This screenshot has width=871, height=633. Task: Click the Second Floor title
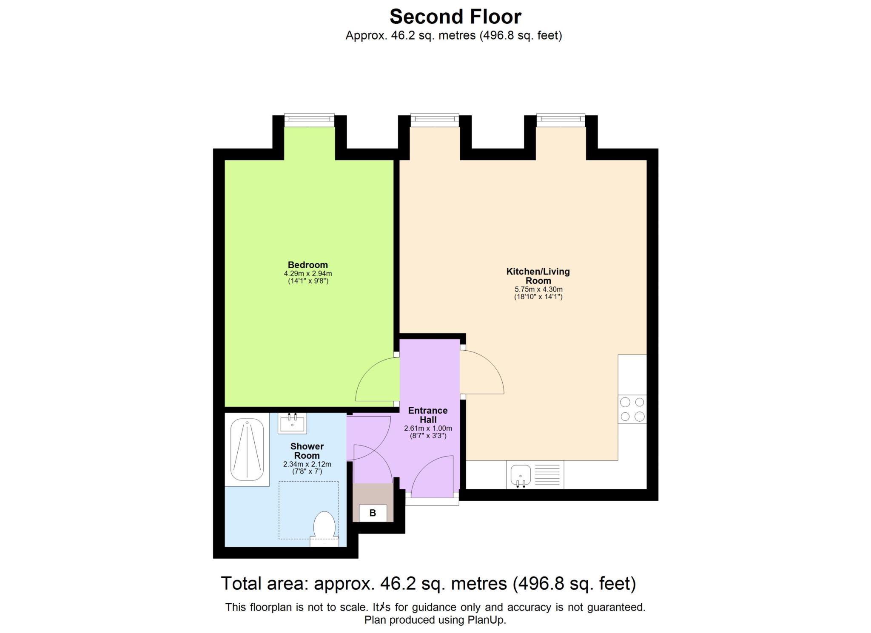pyautogui.click(x=455, y=17)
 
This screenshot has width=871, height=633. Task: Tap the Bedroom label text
pyautogui.click(x=307, y=265)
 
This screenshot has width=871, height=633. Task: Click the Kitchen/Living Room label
pyautogui.click(x=538, y=276)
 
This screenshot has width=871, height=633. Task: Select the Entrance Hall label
pyautogui.click(x=427, y=415)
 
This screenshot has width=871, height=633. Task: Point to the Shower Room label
pyautogui.click(x=307, y=451)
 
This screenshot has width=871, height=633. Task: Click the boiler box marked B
pyautogui.click(x=373, y=513)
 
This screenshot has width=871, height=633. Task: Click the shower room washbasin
pyautogui.click(x=292, y=423)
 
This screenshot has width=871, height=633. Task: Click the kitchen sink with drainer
pyautogui.click(x=535, y=474)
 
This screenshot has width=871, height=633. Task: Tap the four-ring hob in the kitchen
pyautogui.click(x=632, y=409)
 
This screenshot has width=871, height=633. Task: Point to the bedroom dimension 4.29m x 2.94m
pyautogui.click(x=307, y=273)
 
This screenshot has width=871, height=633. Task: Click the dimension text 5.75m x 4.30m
pyautogui.click(x=538, y=289)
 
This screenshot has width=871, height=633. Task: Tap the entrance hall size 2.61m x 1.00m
pyautogui.click(x=427, y=428)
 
